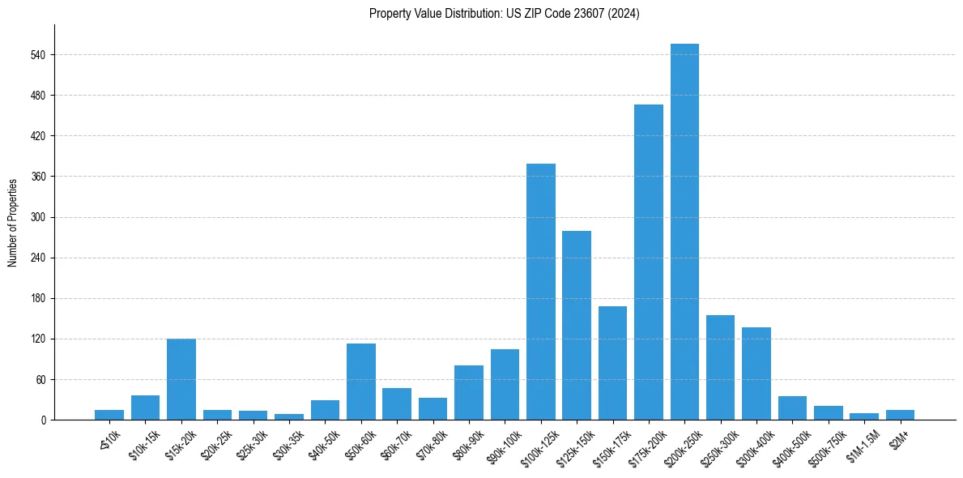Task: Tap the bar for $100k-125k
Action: pos(540,292)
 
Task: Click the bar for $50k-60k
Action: pos(360,382)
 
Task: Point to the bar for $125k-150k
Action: pos(577,325)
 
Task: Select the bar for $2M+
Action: pos(900,415)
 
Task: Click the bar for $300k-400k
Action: pos(756,373)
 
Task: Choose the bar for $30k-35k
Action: pos(289,416)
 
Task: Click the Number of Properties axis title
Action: pos(13,222)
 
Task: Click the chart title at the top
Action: pos(504,14)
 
